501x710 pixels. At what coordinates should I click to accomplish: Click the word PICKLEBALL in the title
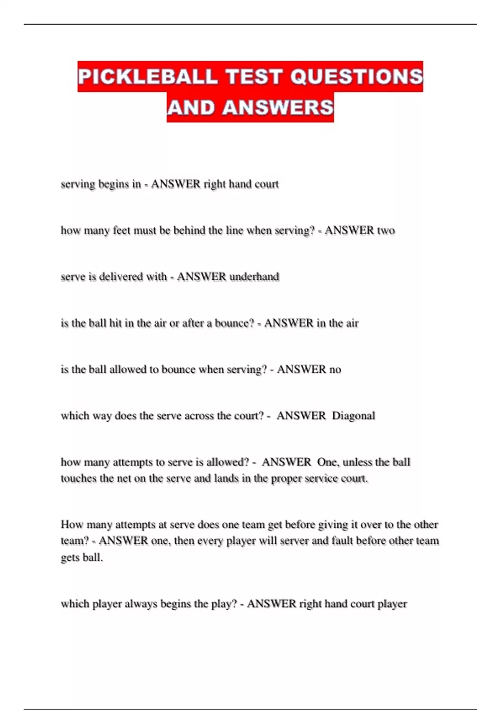pyautogui.click(x=148, y=77)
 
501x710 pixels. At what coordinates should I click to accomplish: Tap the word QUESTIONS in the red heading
pyautogui.click(x=357, y=77)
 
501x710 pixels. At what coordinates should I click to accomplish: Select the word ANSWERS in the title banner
pyautogui.click(x=278, y=107)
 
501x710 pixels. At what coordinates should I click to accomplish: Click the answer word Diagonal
pyautogui.click(x=353, y=416)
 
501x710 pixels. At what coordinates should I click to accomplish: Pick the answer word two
pyautogui.click(x=386, y=231)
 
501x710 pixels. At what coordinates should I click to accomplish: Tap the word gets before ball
pyautogui.click(x=70, y=558)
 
